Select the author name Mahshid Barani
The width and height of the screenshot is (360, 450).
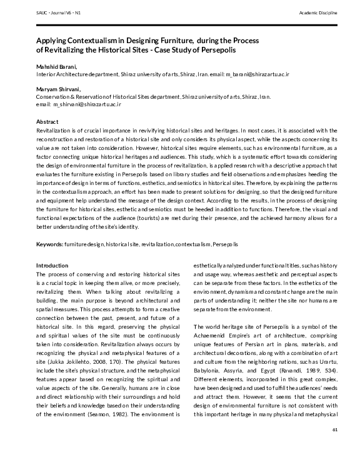tap(57, 66)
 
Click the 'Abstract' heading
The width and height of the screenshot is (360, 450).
tap(47, 121)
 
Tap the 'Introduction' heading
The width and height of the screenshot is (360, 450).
tap(52, 266)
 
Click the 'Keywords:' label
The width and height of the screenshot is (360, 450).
tap(52, 243)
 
